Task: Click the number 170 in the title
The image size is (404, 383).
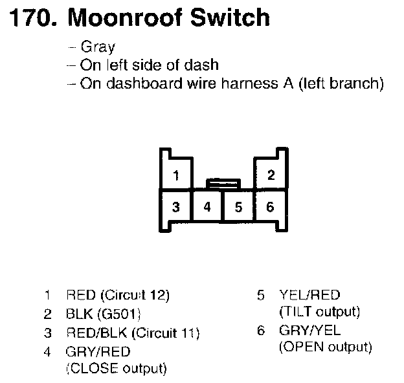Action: tap(30, 18)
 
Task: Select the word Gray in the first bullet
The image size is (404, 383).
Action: tap(98, 47)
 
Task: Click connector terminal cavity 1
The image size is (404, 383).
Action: tap(175, 175)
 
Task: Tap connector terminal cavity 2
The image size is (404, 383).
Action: tap(271, 175)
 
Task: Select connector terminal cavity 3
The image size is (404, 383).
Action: tap(175, 207)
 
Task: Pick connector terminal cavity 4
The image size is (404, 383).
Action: tap(207, 207)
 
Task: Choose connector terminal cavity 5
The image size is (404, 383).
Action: tap(238, 207)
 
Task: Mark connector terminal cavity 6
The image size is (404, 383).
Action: tap(271, 207)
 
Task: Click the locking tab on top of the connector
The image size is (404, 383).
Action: tap(223, 184)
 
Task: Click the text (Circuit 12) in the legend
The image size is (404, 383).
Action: tap(135, 296)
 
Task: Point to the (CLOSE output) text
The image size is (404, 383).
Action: tap(116, 369)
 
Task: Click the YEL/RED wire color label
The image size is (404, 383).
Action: tap(309, 296)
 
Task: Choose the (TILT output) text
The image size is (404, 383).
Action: tap(319, 312)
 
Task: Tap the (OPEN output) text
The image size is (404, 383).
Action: tap(325, 347)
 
